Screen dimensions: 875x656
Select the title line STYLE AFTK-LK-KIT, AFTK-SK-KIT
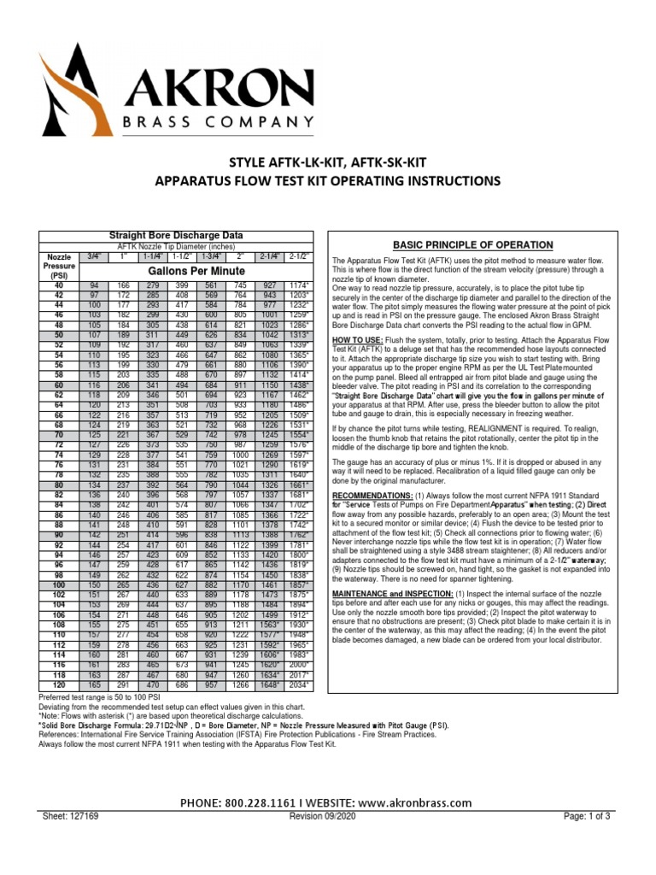point(327,162)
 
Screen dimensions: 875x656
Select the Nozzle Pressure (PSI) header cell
point(59,266)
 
